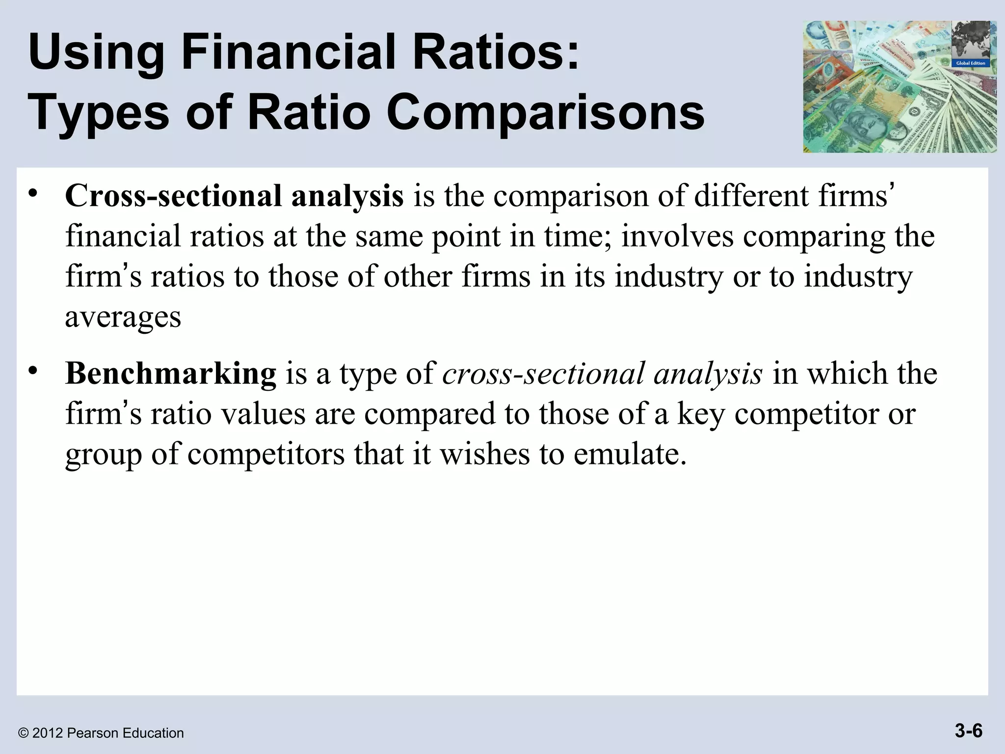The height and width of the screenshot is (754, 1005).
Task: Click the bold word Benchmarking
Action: [171, 374]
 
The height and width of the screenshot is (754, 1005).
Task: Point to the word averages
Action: [123, 317]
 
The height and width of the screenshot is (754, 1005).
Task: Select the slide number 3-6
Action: [968, 731]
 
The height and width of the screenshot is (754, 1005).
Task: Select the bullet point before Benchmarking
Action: [33, 371]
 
